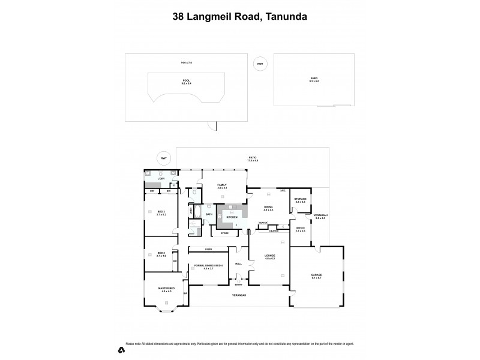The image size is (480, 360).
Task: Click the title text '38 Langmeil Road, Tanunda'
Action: pos(240,16)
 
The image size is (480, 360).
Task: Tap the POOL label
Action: pos(186,81)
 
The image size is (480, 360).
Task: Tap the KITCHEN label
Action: pos(232,217)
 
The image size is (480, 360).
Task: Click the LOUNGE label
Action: pos(269,257)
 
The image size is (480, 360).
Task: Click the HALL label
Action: pos(238,263)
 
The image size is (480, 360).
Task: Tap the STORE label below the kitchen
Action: pos(225,233)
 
